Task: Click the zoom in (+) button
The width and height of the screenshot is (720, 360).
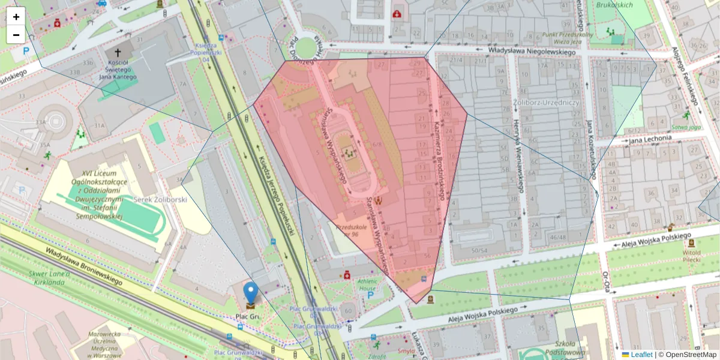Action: [x=16, y=17]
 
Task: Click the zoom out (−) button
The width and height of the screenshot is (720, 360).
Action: [x=16, y=35]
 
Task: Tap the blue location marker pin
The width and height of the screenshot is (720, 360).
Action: [x=251, y=293]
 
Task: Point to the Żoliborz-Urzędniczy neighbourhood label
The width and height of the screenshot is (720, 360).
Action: [x=546, y=103]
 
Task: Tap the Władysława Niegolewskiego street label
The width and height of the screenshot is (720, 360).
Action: [x=532, y=52]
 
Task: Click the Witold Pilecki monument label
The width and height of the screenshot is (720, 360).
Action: [x=691, y=256]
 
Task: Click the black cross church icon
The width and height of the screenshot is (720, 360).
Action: [x=118, y=53]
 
